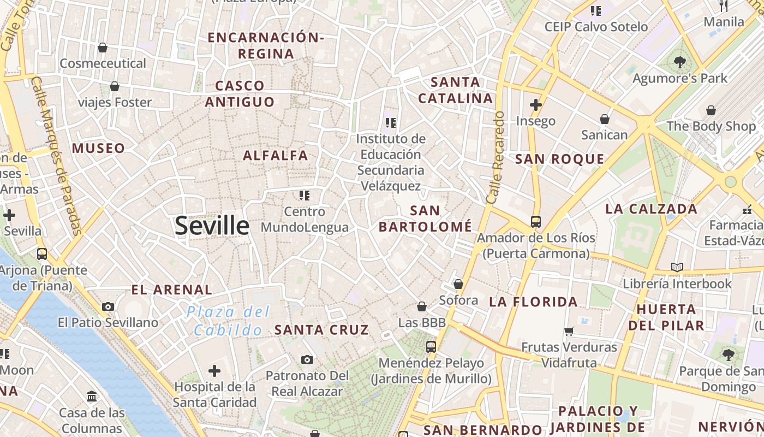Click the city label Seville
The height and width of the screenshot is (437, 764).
coord(212,226)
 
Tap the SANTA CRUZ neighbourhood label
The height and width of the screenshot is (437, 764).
coord(321,330)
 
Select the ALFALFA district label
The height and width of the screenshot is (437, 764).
coord(276,156)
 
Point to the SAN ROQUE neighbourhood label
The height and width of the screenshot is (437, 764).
coord(559,160)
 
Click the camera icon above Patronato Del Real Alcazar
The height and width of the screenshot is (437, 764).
coord(307,359)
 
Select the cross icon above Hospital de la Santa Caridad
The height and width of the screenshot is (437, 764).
coord(214,371)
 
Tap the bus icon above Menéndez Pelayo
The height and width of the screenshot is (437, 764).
coord(431,346)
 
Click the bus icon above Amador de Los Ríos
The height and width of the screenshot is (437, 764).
coord(536,222)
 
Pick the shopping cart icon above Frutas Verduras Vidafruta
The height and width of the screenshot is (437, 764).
coord(569,330)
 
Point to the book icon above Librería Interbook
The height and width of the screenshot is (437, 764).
coord(677,268)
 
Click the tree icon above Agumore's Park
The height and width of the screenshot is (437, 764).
coord(679,62)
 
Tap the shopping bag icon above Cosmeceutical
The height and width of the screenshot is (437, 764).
coord(103,48)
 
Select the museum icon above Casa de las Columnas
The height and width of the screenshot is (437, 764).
coord(92,396)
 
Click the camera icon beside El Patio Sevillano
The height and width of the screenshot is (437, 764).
coord(108,306)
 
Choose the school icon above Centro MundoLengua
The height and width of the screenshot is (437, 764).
coord(305,195)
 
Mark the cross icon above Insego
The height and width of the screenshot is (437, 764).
coord(536,105)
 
